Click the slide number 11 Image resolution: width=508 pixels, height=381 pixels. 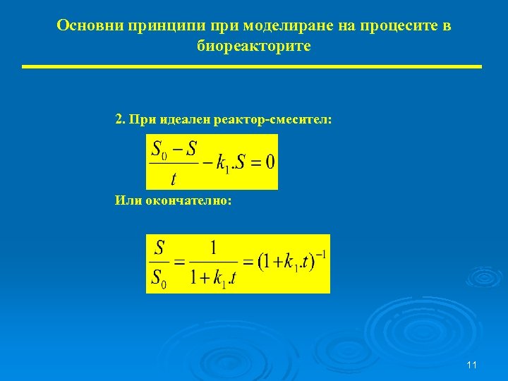coord(472,365)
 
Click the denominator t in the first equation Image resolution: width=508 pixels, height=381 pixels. coord(173,177)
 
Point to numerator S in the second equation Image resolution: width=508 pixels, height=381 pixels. coord(159,248)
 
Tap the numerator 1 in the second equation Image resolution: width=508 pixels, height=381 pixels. coord(213,248)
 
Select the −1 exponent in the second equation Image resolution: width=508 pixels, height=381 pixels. coord(320,254)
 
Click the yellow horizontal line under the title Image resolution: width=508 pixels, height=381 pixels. coord(251,66)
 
